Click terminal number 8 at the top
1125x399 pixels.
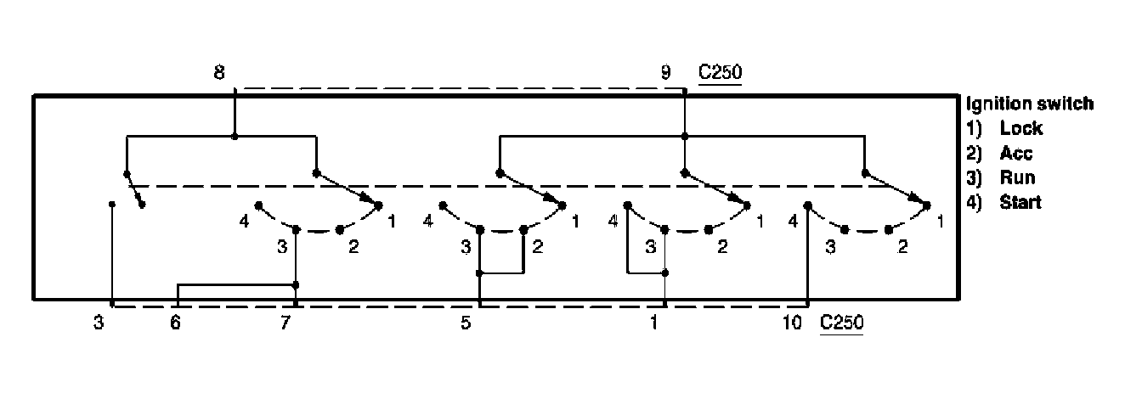[x=219, y=74]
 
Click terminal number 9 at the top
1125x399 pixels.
[x=666, y=74]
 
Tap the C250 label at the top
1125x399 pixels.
[x=720, y=74]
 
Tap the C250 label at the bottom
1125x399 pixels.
[x=841, y=323]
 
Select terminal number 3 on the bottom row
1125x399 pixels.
[x=99, y=323]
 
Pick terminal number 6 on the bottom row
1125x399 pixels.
[x=175, y=323]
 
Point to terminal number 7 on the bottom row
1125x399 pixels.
[x=285, y=323]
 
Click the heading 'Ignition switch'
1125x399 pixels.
[x=1029, y=104]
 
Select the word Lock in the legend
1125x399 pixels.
[x=1021, y=129]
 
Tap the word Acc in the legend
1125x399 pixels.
[x=1017, y=154]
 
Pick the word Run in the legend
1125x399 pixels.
[x=1018, y=178]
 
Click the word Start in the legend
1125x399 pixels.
[x=1020, y=203]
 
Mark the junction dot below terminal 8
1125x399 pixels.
[x=235, y=135]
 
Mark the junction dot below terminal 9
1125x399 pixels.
[x=685, y=135]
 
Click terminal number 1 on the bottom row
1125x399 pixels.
[x=653, y=323]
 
